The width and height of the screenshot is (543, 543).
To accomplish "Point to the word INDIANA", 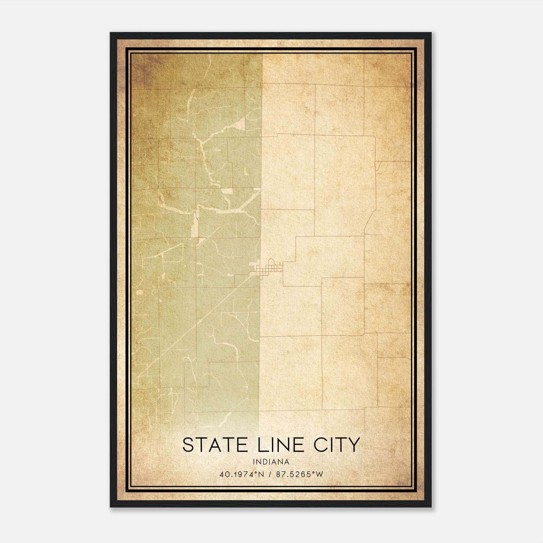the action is (x=271, y=462).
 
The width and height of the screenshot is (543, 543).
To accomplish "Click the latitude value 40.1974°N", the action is (x=242, y=474).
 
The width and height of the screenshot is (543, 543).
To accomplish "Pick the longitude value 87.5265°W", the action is (x=300, y=474).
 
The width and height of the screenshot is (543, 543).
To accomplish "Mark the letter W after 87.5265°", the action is (x=320, y=474).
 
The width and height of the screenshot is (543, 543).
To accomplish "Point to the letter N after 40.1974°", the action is (x=261, y=474).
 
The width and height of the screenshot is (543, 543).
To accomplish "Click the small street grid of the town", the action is (x=270, y=268).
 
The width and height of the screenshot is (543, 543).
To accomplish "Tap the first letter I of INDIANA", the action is (x=254, y=462).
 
